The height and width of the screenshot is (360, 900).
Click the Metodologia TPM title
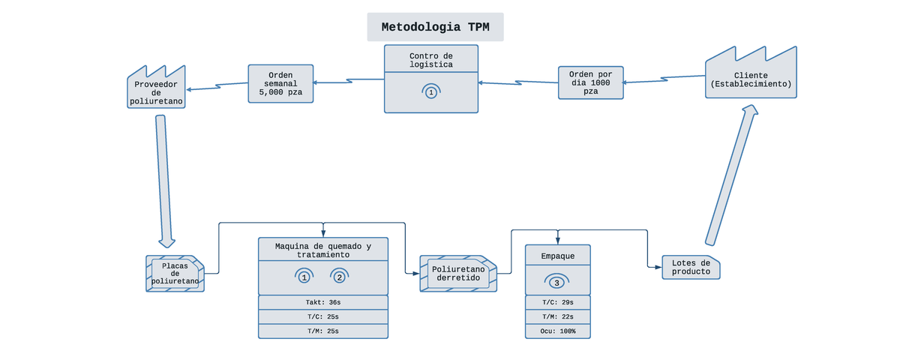[435, 27]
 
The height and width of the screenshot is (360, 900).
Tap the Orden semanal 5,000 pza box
[280, 83]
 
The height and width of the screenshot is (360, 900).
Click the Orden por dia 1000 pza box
[591, 82]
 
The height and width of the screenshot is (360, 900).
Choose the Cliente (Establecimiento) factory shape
[751, 79]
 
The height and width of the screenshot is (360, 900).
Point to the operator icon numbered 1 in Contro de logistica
[430, 91]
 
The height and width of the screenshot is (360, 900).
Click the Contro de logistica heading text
[431, 60]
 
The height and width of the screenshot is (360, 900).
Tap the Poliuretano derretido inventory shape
[457, 274]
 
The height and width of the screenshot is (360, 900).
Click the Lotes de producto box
[691, 267]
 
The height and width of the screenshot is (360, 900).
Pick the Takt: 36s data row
[323, 302]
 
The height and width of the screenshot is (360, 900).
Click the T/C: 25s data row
[323, 316]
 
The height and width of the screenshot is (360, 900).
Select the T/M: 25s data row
[323, 331]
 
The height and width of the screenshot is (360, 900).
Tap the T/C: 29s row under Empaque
[557, 302]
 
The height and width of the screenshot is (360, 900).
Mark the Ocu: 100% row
[557, 331]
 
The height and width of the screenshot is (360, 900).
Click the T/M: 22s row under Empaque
[557, 316]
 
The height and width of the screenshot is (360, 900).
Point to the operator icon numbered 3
[556, 282]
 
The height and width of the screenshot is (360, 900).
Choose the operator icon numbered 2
[340, 276]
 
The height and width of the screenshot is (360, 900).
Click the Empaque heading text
[557, 256]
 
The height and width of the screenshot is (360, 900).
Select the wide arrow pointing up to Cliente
[730, 175]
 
